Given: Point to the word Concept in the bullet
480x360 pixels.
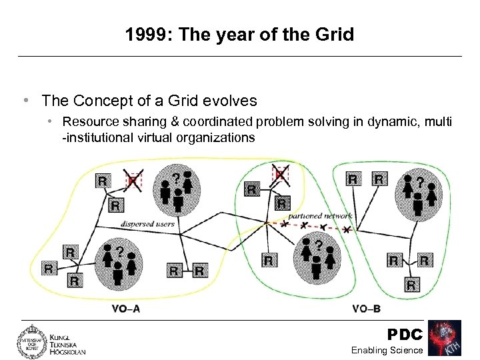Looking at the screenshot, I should pos(100,101).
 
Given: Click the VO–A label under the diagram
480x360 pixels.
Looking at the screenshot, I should pos(126,309).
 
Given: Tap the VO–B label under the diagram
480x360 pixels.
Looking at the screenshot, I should pos(366,309).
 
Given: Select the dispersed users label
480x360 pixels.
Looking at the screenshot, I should pos(147,224).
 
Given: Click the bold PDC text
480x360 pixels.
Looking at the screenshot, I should pos(405,334).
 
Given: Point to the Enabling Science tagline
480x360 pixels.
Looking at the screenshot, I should pos(387,350).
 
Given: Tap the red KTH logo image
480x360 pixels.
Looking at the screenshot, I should pos(445,338).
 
